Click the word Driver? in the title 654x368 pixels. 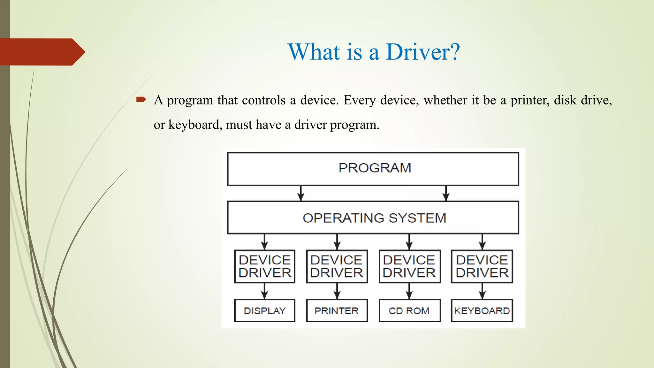click(423, 52)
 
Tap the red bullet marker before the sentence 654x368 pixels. click(141, 100)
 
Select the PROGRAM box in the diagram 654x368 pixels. click(373, 169)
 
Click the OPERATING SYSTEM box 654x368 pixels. click(373, 218)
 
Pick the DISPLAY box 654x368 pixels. click(264, 310)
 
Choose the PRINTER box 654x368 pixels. click(337, 310)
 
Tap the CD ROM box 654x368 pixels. click(409, 310)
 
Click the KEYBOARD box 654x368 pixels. click(482, 310)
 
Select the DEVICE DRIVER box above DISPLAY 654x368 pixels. click(264, 266)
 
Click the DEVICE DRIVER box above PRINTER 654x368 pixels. click(337, 266)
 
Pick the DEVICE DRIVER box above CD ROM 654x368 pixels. click(409, 266)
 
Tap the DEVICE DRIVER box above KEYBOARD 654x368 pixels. click(482, 266)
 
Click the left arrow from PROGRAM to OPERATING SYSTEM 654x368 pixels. click(300, 194)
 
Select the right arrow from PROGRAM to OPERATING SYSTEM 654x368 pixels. click(446, 194)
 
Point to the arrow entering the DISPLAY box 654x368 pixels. click(264, 291)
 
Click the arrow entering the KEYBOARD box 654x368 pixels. click(482, 291)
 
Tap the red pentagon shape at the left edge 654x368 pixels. click(42, 52)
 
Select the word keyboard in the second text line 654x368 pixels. click(195, 125)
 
